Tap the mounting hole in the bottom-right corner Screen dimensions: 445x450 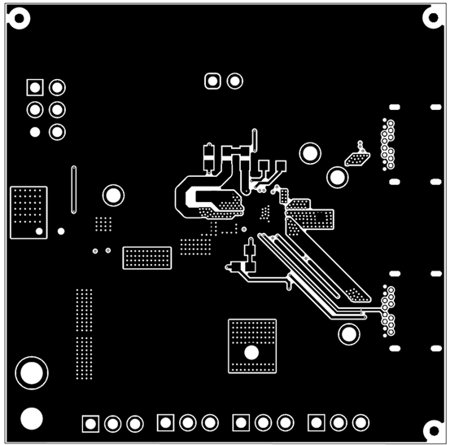click(431, 427)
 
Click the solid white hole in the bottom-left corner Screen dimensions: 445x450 click(31, 418)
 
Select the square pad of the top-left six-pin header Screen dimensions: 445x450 click(34, 87)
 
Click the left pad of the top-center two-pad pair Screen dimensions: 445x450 click(213, 81)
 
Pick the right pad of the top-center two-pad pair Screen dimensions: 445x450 click(235, 81)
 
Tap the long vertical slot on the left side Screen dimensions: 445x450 click(74, 188)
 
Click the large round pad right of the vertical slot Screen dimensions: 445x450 click(113, 195)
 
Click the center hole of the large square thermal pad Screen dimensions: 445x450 click(251, 352)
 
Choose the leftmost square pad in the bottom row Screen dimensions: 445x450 click(90, 423)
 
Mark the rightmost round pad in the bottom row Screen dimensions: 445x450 click(360, 422)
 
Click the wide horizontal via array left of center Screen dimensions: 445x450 click(146, 258)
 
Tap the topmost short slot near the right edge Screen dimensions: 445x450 click(395, 108)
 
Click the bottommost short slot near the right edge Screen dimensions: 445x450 click(395, 349)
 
